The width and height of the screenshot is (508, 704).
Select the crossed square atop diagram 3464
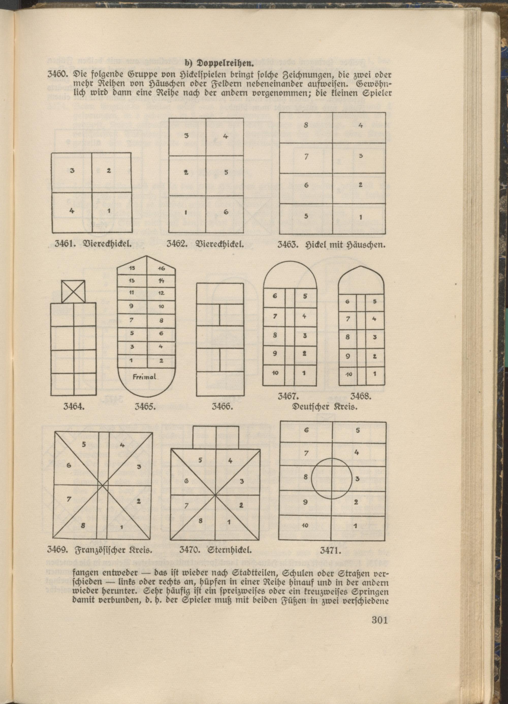(73, 291)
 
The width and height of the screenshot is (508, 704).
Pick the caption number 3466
(223, 406)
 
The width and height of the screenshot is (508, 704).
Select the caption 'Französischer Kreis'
(113, 551)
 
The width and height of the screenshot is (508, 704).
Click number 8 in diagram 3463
(306, 126)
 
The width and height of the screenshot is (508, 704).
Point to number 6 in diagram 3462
(226, 212)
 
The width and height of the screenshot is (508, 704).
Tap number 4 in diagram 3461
(72, 210)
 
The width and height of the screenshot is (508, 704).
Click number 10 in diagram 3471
(305, 526)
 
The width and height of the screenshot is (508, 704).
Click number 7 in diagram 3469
(69, 499)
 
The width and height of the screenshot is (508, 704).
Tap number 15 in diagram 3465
(132, 269)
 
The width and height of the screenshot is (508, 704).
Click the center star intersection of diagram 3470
(215, 494)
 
